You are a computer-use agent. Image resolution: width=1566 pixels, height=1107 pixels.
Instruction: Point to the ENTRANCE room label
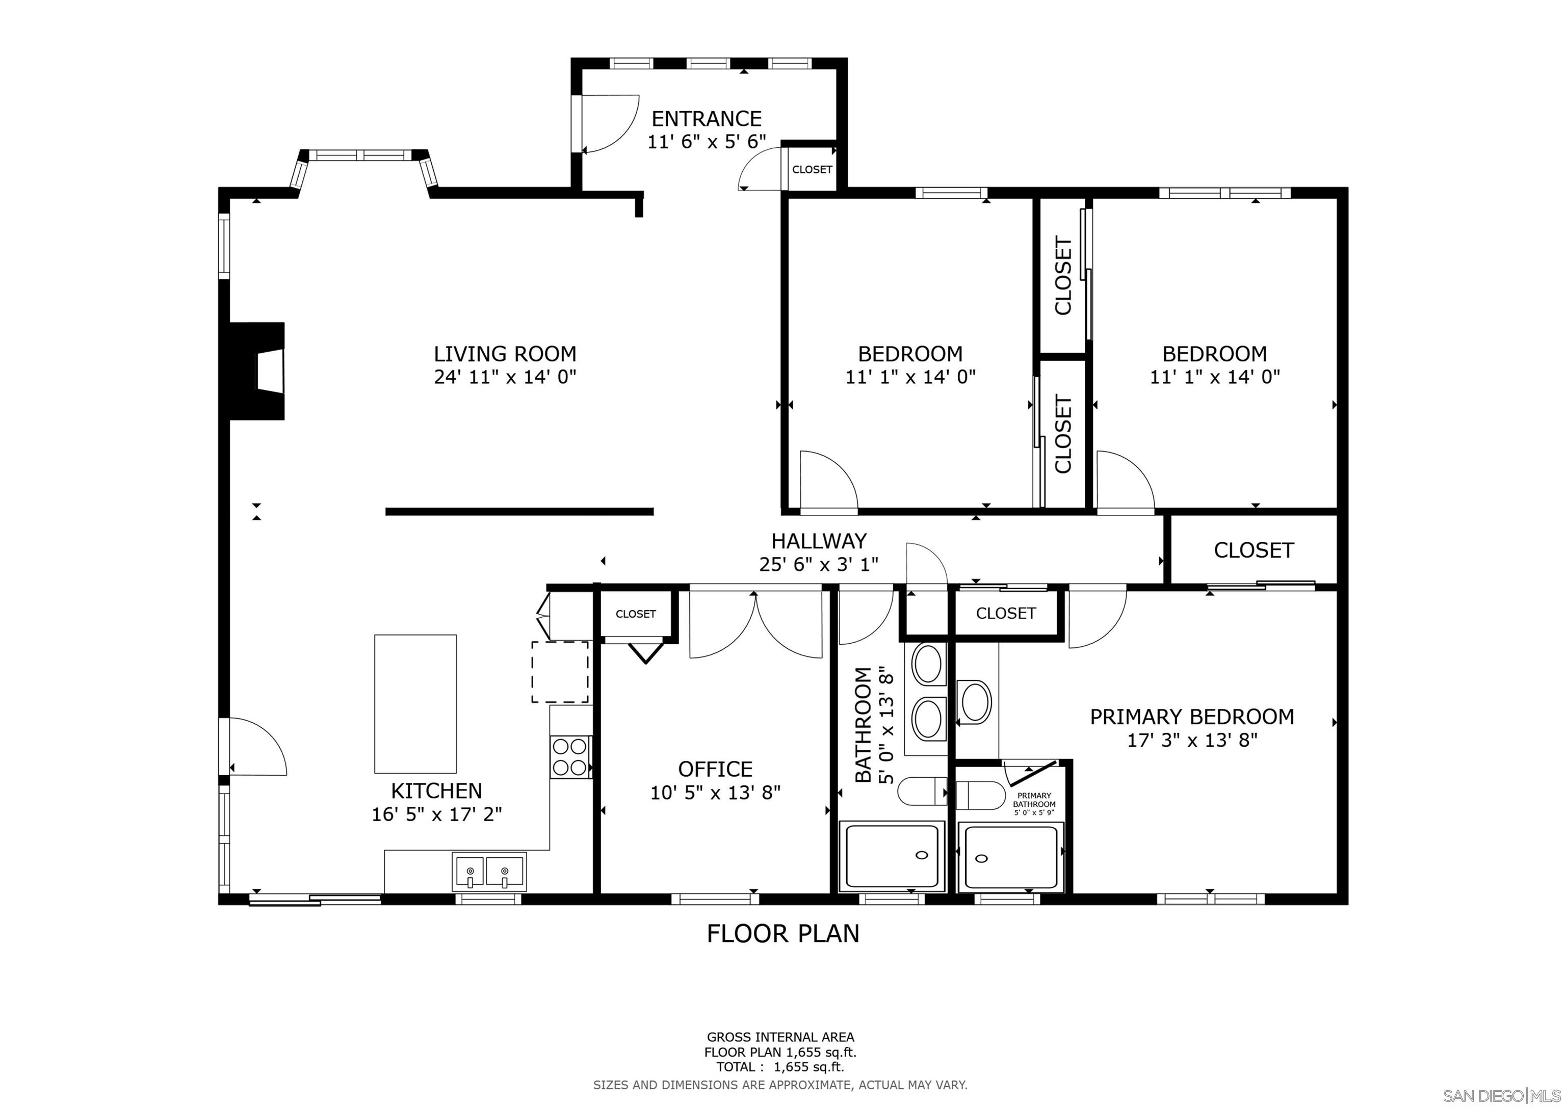[706, 119]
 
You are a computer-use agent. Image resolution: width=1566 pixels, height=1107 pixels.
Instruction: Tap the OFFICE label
[715, 769]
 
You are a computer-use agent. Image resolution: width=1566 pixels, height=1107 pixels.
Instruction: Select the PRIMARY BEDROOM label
[1191, 717]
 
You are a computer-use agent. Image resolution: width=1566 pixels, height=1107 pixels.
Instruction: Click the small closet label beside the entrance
[812, 169]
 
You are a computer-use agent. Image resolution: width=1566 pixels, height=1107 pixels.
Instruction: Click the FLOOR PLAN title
[782, 934]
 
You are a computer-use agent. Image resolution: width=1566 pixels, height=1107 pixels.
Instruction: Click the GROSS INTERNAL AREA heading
[780, 1037]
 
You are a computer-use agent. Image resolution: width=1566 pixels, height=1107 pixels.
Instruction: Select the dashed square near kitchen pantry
[560, 672]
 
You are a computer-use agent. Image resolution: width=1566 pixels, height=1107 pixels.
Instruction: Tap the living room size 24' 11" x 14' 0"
[505, 377]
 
